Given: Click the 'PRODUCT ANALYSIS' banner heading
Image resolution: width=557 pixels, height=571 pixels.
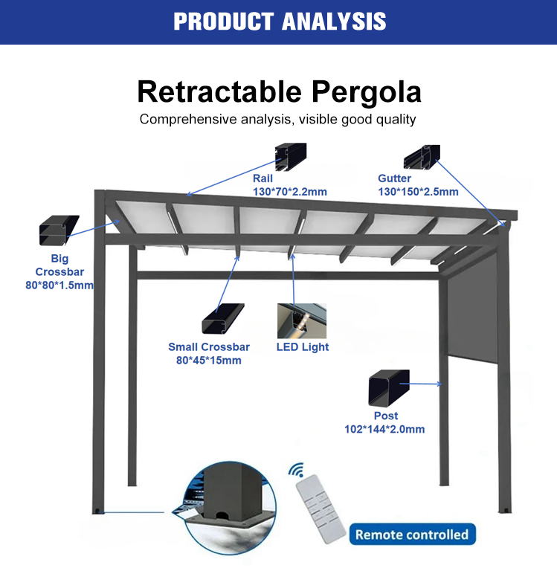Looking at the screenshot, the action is pyautogui.click(x=279, y=21).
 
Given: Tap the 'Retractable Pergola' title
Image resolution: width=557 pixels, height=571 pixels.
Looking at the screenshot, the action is pyautogui.click(x=279, y=91).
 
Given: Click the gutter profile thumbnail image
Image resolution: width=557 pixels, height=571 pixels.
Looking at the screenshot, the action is pyautogui.click(x=422, y=155).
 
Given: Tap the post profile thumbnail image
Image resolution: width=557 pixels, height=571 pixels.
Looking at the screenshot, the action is pyautogui.click(x=389, y=387).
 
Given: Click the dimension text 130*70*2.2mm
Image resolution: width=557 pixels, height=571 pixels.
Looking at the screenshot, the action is pyautogui.click(x=289, y=192).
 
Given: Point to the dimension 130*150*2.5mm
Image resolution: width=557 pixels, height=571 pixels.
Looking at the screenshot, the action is pyautogui.click(x=418, y=192).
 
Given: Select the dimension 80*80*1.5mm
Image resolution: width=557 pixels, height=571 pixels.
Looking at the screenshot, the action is pyautogui.click(x=59, y=285).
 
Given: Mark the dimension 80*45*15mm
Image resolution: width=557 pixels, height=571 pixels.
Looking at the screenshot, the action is pyautogui.click(x=209, y=361).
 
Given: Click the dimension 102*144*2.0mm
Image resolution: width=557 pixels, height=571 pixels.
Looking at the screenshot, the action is pyautogui.click(x=384, y=429).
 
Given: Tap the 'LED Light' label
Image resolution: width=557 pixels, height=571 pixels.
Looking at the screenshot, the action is pyautogui.click(x=303, y=346).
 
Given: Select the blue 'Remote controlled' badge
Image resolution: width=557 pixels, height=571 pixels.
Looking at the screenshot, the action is pyautogui.click(x=412, y=535).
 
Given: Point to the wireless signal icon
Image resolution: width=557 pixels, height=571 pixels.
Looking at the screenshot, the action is pyautogui.click(x=297, y=471).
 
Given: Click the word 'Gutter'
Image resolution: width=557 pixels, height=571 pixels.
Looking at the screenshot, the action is pyautogui.click(x=394, y=178).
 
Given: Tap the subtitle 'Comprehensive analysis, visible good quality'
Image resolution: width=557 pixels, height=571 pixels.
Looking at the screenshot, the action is pyautogui.click(x=278, y=119).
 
